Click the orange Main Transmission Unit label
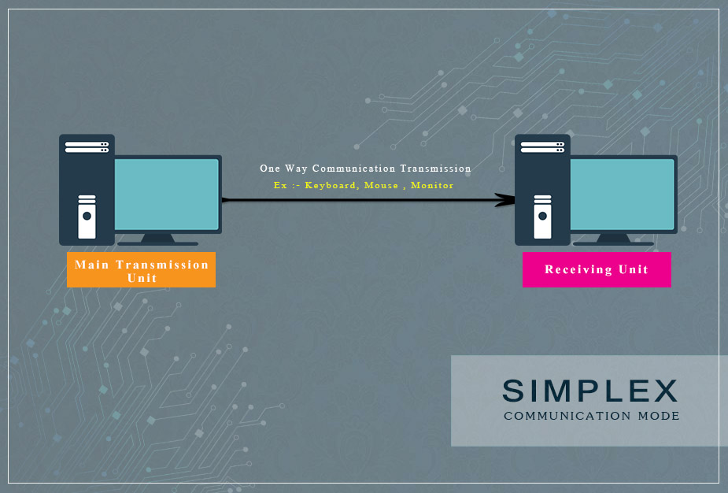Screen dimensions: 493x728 [x=141, y=270]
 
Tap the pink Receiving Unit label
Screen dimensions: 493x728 [x=597, y=269]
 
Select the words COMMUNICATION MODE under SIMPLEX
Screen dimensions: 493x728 [x=591, y=416]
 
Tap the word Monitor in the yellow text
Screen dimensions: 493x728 [x=432, y=185]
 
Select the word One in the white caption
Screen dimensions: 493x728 [x=270, y=169]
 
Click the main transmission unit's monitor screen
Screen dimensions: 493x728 [x=166, y=194]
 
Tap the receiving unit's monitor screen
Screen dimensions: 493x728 [x=622, y=194]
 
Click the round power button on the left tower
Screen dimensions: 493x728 [x=87, y=216]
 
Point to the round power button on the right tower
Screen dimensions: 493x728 [x=542, y=216]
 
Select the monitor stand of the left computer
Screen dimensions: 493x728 [x=158, y=239]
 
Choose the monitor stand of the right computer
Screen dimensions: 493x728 [x=614, y=239]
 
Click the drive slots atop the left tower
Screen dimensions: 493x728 [x=87, y=147]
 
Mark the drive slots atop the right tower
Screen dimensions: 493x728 [x=542, y=147]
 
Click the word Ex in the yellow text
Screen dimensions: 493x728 [x=279, y=185]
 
